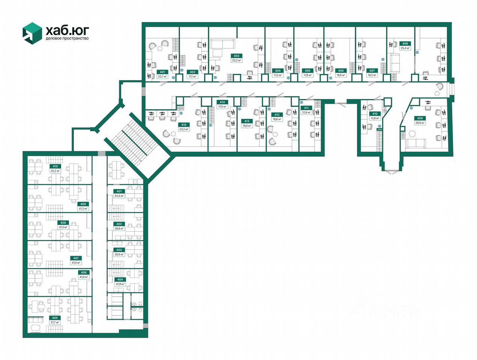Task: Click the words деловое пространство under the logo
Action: [x=67, y=38]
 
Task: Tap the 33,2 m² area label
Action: [x=236, y=60]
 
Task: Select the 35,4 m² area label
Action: [x=405, y=48]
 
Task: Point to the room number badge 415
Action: [x=184, y=124]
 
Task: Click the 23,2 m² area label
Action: [x=184, y=129]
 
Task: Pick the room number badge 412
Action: [x=277, y=115]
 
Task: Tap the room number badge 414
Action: [x=222, y=102]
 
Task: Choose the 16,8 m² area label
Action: [x=247, y=126]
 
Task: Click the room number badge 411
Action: [x=306, y=108]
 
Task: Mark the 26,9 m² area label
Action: [x=420, y=123]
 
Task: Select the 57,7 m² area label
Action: [x=55, y=322]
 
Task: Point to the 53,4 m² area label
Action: [x=119, y=196]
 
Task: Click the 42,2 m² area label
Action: [x=55, y=171]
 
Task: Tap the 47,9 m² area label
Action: [x=120, y=284]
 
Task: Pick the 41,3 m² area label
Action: [x=83, y=208]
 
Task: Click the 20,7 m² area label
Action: [x=162, y=76]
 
